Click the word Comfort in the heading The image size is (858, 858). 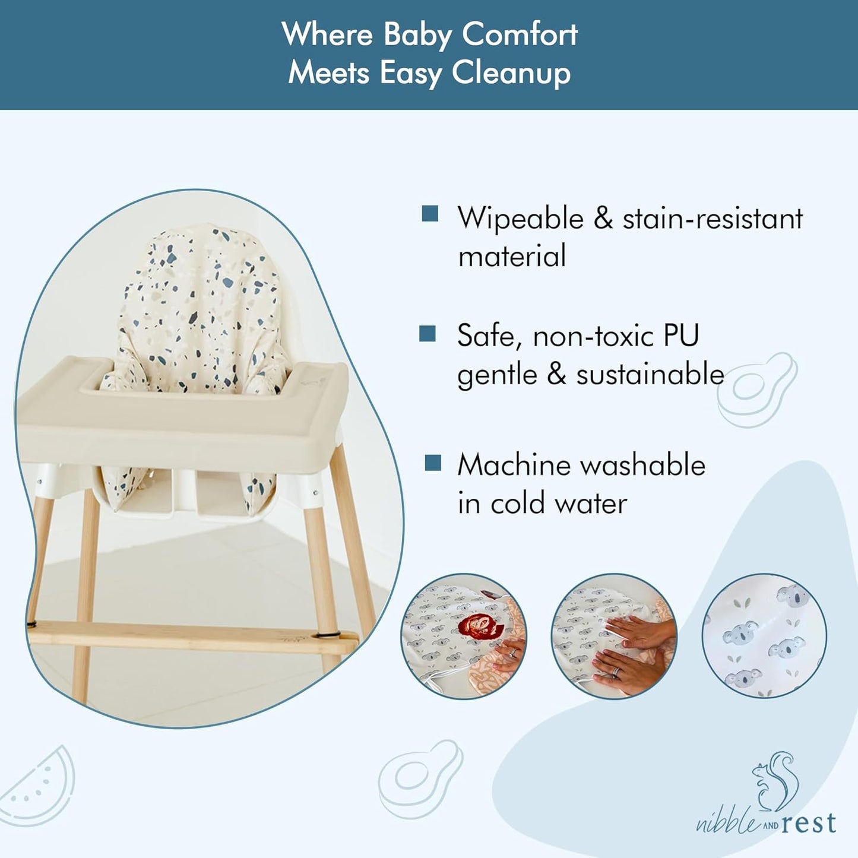pos(519,34)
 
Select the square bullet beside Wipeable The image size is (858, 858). pos(430,213)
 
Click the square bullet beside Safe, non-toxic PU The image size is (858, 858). pos(428,334)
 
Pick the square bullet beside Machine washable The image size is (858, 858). pos(433,463)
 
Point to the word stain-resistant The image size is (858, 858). pos(712,219)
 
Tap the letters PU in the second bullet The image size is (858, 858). pos(681,335)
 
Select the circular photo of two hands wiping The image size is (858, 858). pos(614,636)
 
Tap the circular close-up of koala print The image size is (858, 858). pos(764,636)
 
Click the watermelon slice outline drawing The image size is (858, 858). pos(39,781)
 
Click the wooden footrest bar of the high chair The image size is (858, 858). pos(190,636)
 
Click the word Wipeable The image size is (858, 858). pos(520,219)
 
